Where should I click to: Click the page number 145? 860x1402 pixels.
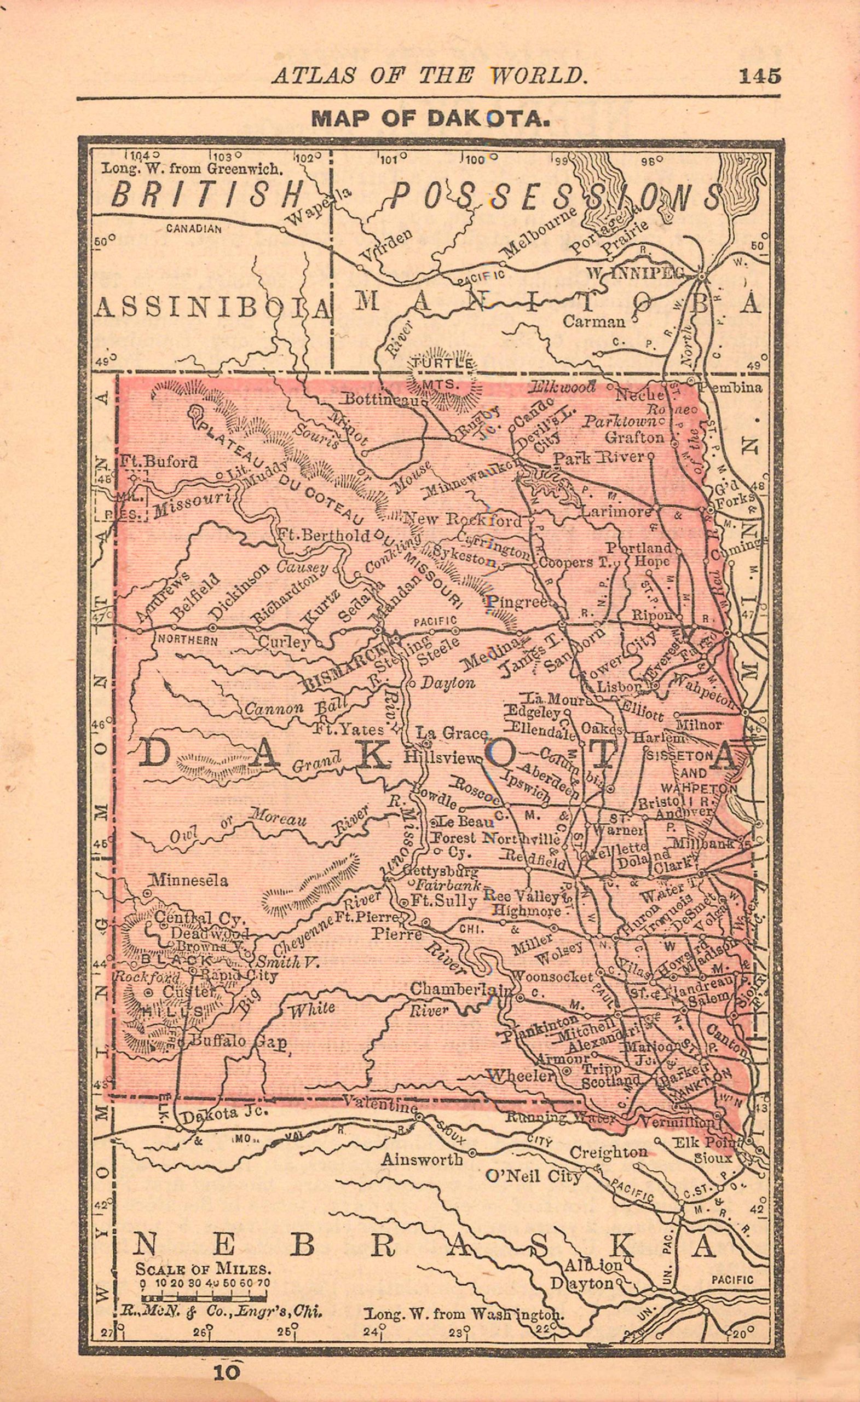point(759,76)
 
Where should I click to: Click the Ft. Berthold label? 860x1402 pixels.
point(323,535)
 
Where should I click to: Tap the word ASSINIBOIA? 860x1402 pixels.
point(212,308)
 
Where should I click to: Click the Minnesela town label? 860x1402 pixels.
point(189,880)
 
